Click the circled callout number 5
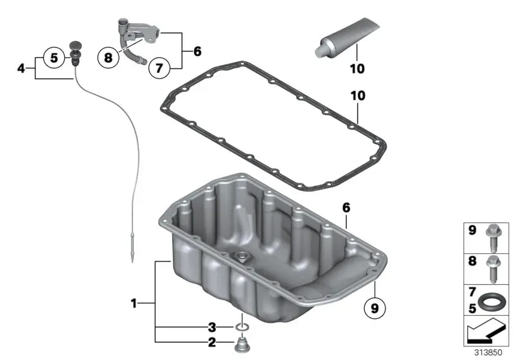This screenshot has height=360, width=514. point(54,58)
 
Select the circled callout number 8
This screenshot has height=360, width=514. point(108,58)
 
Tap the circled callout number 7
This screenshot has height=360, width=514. point(159,68)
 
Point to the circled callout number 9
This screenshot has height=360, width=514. point(375,308)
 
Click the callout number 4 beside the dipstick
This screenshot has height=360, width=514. point(21,69)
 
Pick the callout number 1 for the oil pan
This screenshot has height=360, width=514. point(134,303)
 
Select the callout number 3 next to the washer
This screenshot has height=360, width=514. point(212,327)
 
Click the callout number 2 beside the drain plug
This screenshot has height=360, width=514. point(212,343)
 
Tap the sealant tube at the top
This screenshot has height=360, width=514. point(346,38)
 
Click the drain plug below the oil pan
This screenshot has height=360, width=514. point(242,344)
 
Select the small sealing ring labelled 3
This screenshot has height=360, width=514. point(242,327)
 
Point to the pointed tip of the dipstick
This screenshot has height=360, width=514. point(132,262)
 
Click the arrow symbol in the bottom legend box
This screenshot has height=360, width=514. point(486,331)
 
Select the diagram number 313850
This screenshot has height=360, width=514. point(488,352)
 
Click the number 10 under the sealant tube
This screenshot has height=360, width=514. point(357,69)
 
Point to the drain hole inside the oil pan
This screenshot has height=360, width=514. point(243,256)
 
